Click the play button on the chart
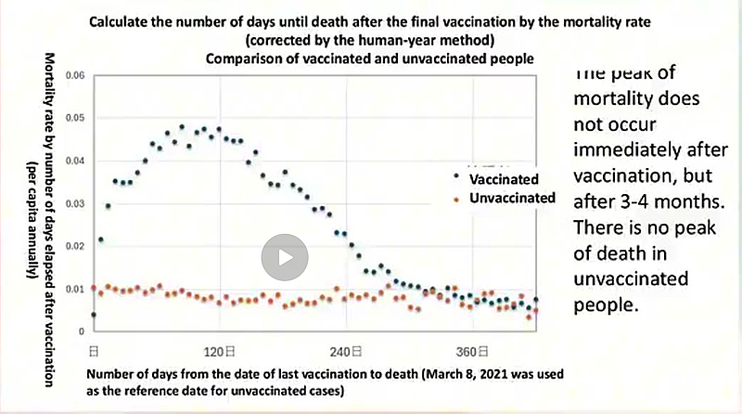[x=284, y=257]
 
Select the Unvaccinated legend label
[x=512, y=198]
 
